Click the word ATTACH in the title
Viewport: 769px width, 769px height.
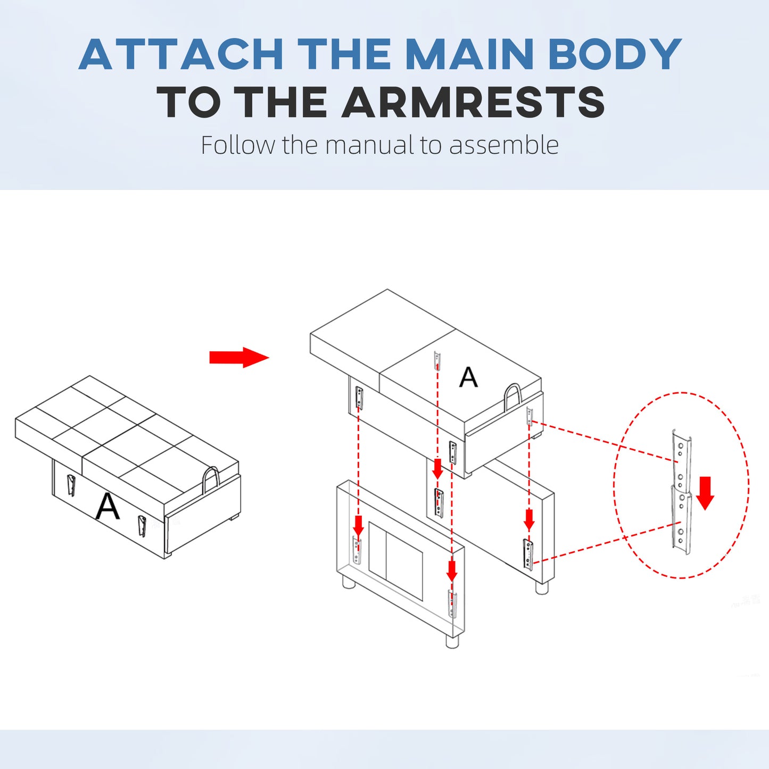181,54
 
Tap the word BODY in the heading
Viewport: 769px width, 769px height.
615,54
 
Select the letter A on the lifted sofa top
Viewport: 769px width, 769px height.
468,377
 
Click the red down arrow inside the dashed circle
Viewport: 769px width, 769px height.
705,493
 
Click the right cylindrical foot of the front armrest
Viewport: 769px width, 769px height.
452,641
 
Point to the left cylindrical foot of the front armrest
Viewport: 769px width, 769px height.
349,582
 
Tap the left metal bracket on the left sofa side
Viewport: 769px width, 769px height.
71,484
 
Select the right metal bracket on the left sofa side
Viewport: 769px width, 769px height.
142,526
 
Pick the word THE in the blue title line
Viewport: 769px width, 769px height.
344,54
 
